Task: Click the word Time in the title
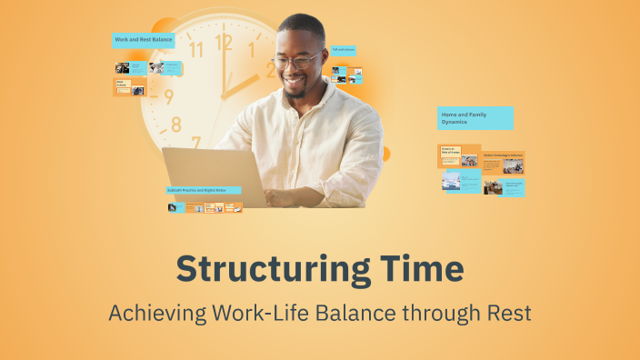[x=419, y=270]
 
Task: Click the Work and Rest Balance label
[x=144, y=40]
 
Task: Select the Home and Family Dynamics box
[x=475, y=118]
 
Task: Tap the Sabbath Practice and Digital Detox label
[x=204, y=191]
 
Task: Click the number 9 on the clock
[x=168, y=96]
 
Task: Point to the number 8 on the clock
[x=176, y=124]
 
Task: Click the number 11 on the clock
[x=195, y=49]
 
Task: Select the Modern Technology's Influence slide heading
[x=503, y=155]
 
